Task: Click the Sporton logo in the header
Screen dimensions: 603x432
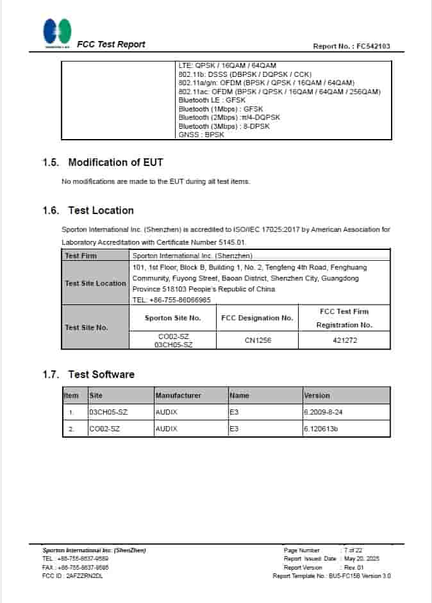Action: (x=57, y=33)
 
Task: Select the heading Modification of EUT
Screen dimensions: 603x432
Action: (x=115, y=162)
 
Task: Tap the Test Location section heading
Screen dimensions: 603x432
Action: (x=101, y=210)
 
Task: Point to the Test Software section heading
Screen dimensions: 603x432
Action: (x=101, y=374)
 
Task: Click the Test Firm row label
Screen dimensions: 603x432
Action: (x=81, y=256)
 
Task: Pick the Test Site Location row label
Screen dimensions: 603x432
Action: (x=96, y=283)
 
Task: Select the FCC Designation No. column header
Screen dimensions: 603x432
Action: (x=256, y=318)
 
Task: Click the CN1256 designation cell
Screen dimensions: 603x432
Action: (x=258, y=340)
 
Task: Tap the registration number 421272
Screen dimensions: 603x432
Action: (x=344, y=340)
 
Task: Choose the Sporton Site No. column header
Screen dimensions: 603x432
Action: (x=172, y=318)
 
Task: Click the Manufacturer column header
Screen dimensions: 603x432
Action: (x=178, y=395)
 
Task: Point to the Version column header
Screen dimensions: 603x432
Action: (x=317, y=395)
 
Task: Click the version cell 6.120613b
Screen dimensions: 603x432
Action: (x=320, y=429)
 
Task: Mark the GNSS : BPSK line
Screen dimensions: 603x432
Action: (x=201, y=135)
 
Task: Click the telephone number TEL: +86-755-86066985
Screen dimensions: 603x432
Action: (x=171, y=300)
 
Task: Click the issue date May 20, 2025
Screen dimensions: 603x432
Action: (x=362, y=559)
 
